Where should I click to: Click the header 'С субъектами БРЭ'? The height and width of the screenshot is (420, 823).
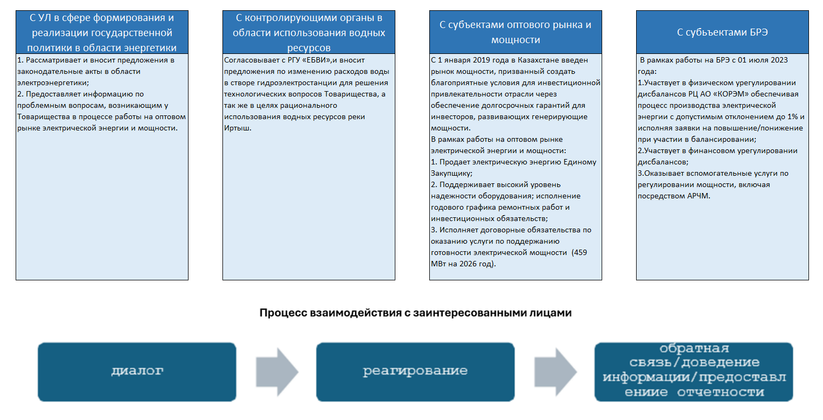click(x=722, y=32)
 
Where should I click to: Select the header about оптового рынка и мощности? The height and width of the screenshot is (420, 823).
click(x=515, y=32)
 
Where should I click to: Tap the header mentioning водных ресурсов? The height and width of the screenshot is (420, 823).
click(x=309, y=32)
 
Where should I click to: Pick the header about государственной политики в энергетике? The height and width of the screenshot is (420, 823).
click(x=102, y=32)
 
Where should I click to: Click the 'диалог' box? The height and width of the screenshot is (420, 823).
click(x=137, y=371)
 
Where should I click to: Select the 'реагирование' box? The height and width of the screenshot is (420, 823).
click(x=415, y=371)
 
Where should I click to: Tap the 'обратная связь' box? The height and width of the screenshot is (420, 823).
click(x=694, y=371)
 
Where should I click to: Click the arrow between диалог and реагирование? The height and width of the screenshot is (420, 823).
click(x=276, y=371)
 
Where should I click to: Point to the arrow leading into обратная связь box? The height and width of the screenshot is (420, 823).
click(x=555, y=371)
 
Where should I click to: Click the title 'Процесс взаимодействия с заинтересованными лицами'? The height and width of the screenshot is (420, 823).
click(x=415, y=313)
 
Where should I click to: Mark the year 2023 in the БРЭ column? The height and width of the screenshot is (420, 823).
click(x=779, y=60)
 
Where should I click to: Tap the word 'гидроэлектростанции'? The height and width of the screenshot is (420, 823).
click(x=283, y=83)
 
